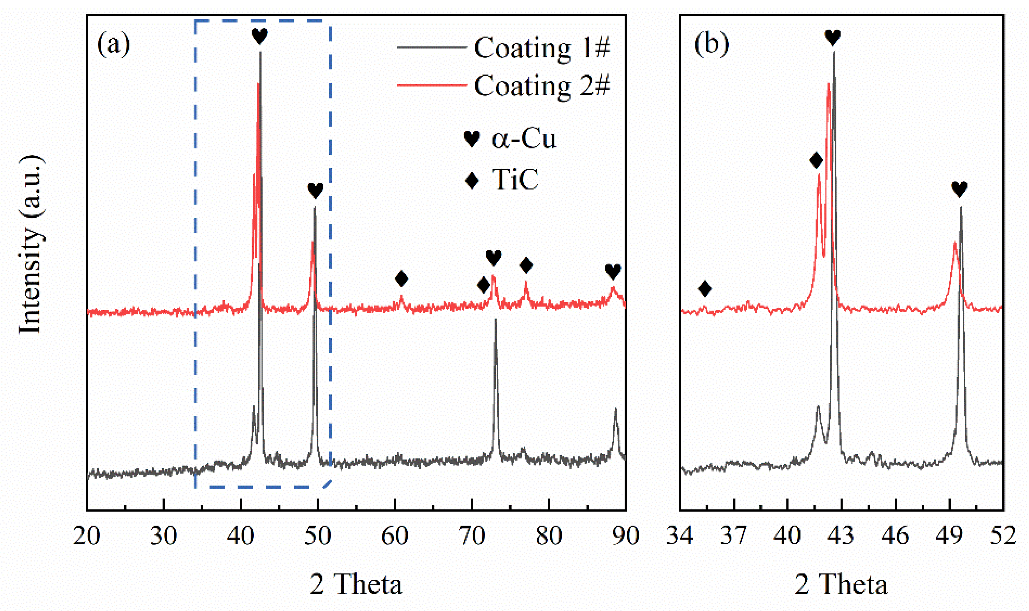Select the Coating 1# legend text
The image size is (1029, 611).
point(542,48)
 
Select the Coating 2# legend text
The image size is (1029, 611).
point(542,86)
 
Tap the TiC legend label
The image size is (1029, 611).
point(515,180)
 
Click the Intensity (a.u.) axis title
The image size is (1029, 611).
point(31,245)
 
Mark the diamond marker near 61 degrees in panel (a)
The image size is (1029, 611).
point(401,279)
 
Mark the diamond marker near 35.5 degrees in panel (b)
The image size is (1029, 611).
point(705,289)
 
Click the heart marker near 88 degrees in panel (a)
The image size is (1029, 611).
point(612,272)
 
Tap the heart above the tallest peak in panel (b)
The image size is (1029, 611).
point(832,38)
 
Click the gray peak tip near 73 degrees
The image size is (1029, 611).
point(495,320)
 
